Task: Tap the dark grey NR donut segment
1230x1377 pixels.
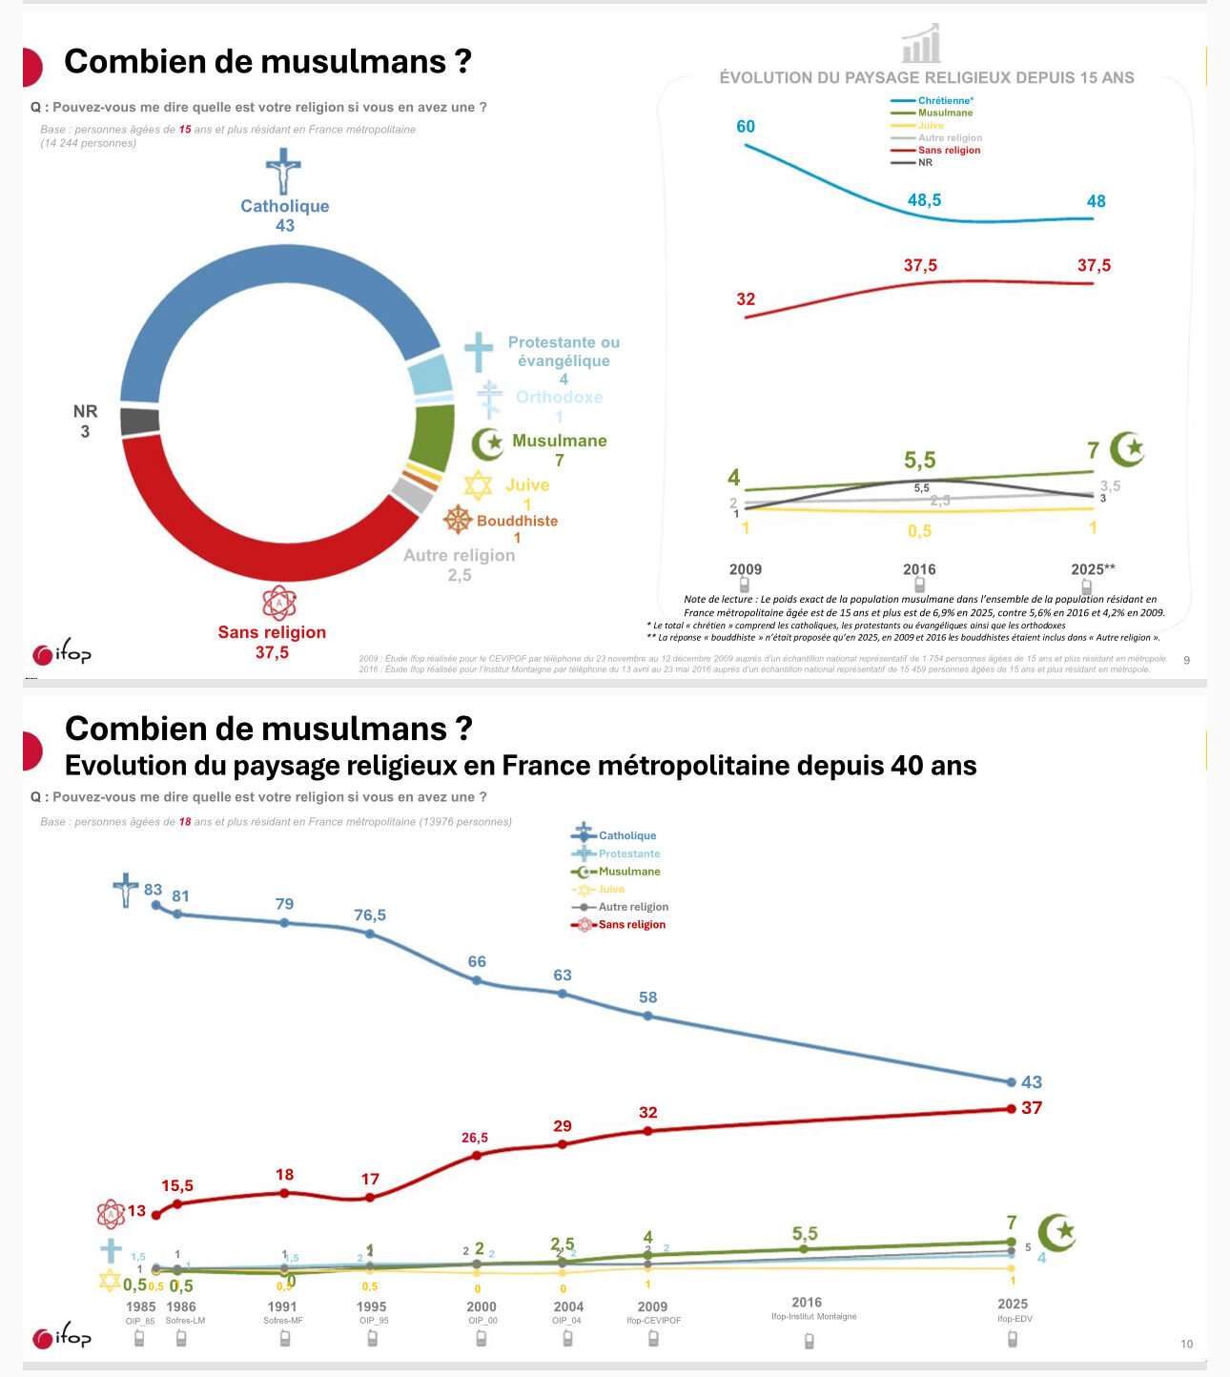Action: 140,421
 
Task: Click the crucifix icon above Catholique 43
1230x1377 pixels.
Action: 283,172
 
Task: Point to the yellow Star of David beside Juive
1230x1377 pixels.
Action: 478,485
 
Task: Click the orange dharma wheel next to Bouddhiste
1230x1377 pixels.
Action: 459,520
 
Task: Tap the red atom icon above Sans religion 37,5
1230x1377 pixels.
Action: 279,603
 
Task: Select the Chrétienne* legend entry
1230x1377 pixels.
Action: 945,100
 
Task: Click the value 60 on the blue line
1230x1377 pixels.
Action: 746,127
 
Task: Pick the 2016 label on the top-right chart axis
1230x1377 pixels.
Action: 919,569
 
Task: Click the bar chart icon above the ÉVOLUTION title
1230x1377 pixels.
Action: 921,43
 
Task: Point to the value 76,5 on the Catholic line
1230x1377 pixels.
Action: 370,915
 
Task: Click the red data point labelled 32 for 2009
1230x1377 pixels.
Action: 648,1131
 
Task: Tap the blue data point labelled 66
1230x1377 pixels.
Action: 478,980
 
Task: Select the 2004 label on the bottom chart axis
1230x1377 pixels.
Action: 568,1306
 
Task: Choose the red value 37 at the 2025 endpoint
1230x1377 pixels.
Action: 1032,1108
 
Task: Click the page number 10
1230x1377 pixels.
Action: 1186,1344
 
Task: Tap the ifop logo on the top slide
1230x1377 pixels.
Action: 62,653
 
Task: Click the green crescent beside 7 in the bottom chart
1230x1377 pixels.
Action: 1056,1232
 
